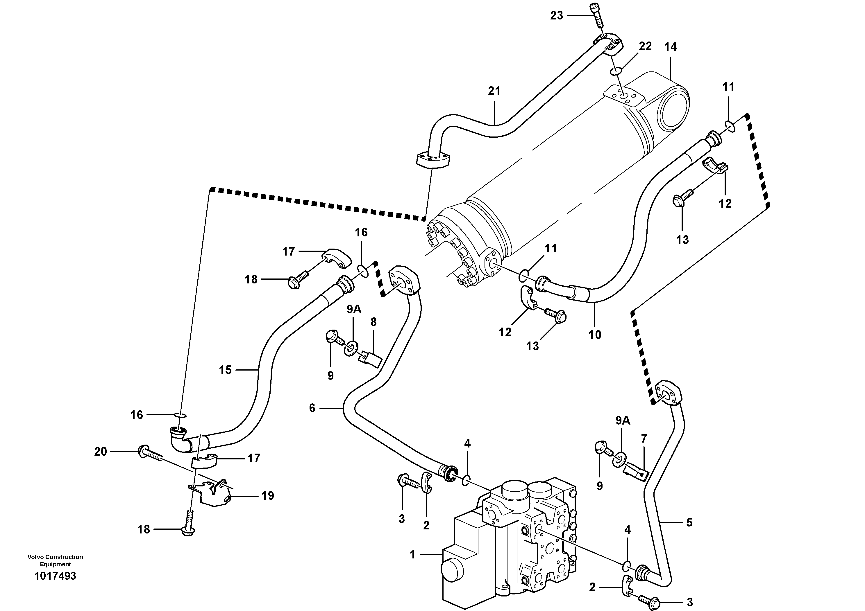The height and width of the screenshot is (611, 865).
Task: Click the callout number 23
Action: tap(556, 15)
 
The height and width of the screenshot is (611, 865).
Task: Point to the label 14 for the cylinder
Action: tap(670, 47)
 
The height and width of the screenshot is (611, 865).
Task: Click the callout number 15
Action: tap(225, 370)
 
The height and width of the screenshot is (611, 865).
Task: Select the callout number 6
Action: tap(312, 408)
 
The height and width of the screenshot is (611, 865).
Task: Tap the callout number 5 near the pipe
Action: tap(689, 522)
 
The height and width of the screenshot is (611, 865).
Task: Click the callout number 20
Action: tap(101, 451)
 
